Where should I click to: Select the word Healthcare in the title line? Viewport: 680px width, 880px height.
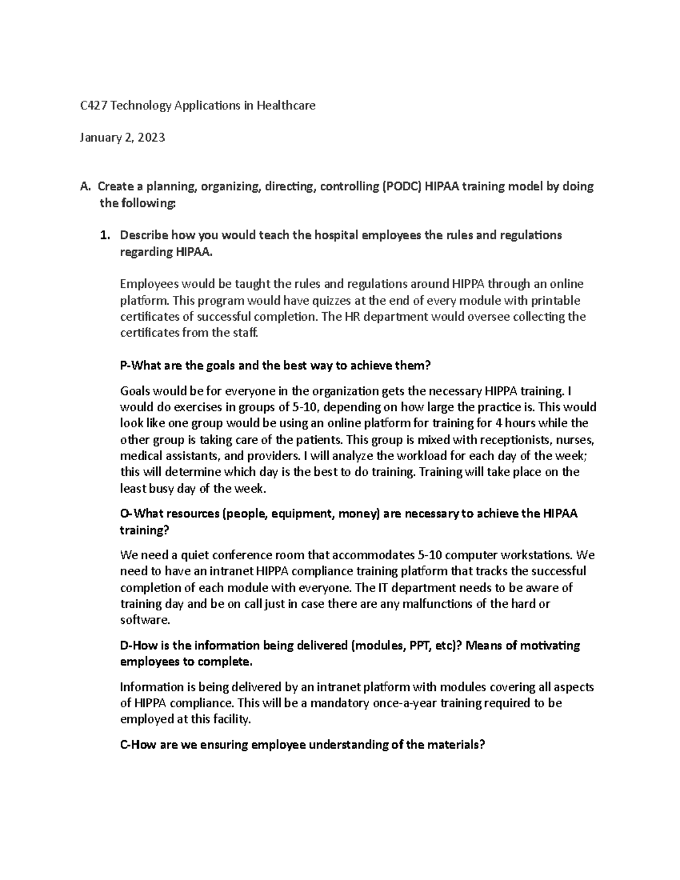click(x=286, y=105)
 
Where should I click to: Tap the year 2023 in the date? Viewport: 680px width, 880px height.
click(x=151, y=137)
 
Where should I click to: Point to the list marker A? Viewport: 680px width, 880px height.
click(x=85, y=187)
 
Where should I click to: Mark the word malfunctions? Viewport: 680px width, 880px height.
click(x=426, y=603)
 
